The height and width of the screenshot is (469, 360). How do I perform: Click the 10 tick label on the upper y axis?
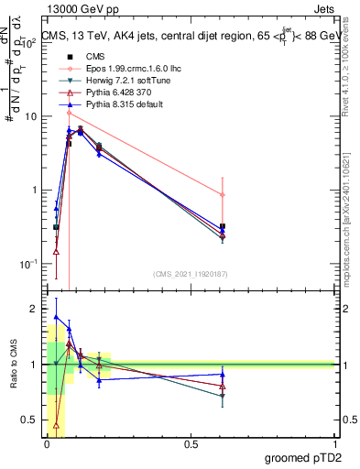click(x=29, y=117)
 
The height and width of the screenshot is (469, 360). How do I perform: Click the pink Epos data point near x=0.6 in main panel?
click(x=223, y=194)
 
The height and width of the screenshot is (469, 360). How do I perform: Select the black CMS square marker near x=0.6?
click(x=223, y=225)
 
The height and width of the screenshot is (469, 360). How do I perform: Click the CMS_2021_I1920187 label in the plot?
click(x=191, y=273)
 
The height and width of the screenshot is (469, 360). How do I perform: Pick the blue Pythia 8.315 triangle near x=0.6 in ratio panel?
click(x=223, y=374)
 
